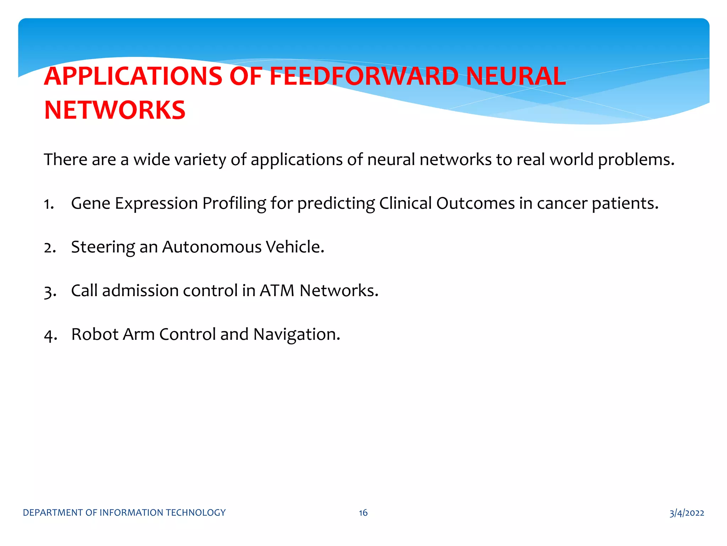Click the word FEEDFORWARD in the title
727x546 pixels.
tap(364, 76)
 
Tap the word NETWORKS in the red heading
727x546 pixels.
tap(115, 110)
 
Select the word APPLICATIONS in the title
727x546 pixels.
tap(133, 76)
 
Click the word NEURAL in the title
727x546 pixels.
tap(515, 76)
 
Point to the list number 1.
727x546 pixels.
tap(49, 204)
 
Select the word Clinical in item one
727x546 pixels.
tap(405, 203)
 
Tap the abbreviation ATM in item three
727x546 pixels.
tap(277, 291)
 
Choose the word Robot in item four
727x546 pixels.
tap(95, 334)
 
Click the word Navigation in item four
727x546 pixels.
tap(296, 335)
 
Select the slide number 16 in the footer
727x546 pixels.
tap(363, 513)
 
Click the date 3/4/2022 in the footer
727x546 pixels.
tap(687, 513)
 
